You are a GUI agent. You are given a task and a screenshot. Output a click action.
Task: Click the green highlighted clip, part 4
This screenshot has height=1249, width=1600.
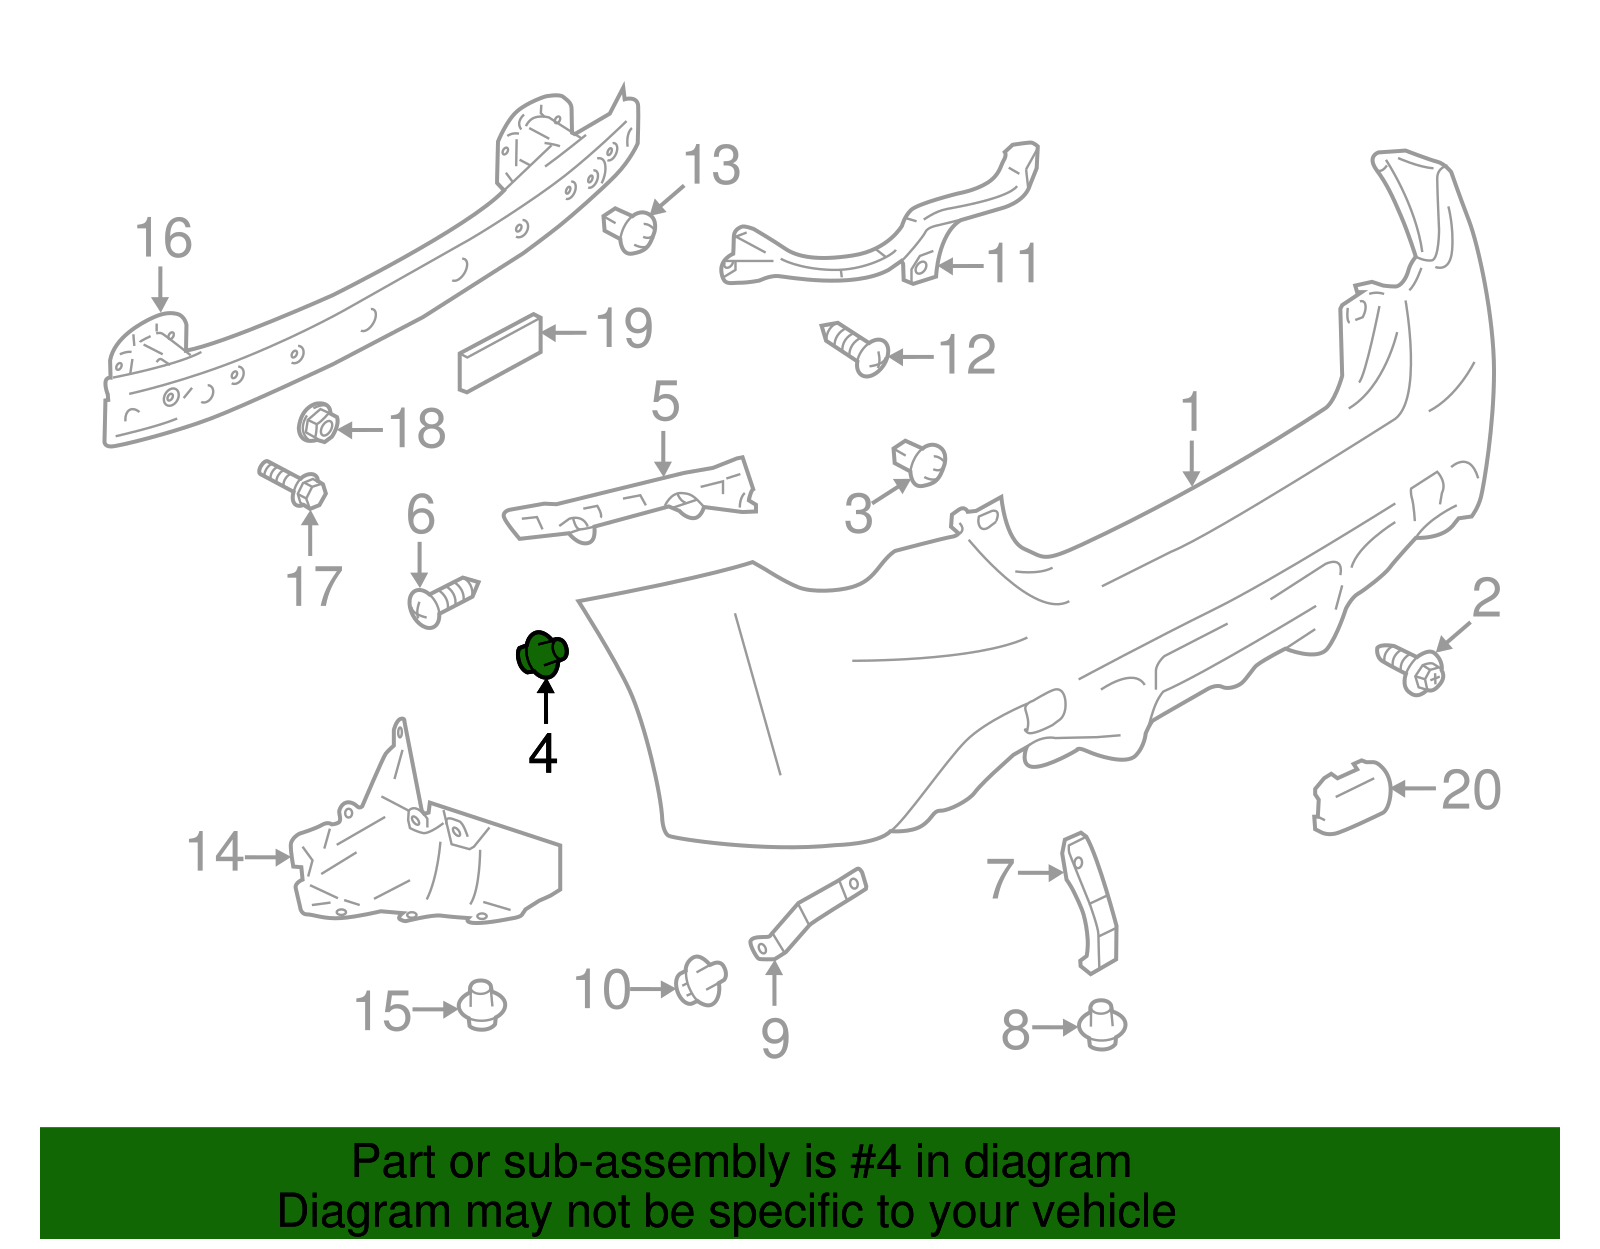[542, 654]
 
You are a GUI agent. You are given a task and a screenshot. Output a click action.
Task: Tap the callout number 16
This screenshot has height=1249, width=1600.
[163, 238]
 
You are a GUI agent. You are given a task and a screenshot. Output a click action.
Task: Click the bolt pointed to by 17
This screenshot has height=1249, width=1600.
[293, 484]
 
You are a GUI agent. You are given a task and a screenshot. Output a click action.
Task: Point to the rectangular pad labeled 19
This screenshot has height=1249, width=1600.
[500, 353]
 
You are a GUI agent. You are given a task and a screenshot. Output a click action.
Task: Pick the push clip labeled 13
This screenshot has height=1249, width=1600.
[630, 230]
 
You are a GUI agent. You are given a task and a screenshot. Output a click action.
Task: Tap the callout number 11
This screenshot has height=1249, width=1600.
[1012, 264]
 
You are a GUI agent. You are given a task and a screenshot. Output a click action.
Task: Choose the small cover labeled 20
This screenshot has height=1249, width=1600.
[1352, 797]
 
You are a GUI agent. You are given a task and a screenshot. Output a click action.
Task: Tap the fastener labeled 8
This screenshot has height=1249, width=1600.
[1102, 1024]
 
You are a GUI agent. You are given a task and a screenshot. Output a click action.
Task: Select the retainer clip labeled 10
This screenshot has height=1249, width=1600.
[701, 981]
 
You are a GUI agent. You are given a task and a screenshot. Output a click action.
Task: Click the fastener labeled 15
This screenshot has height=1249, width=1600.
[482, 1005]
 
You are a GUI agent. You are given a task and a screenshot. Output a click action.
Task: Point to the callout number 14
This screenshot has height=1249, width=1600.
[215, 852]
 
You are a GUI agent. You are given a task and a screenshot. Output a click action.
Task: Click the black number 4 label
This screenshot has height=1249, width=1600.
[543, 753]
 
